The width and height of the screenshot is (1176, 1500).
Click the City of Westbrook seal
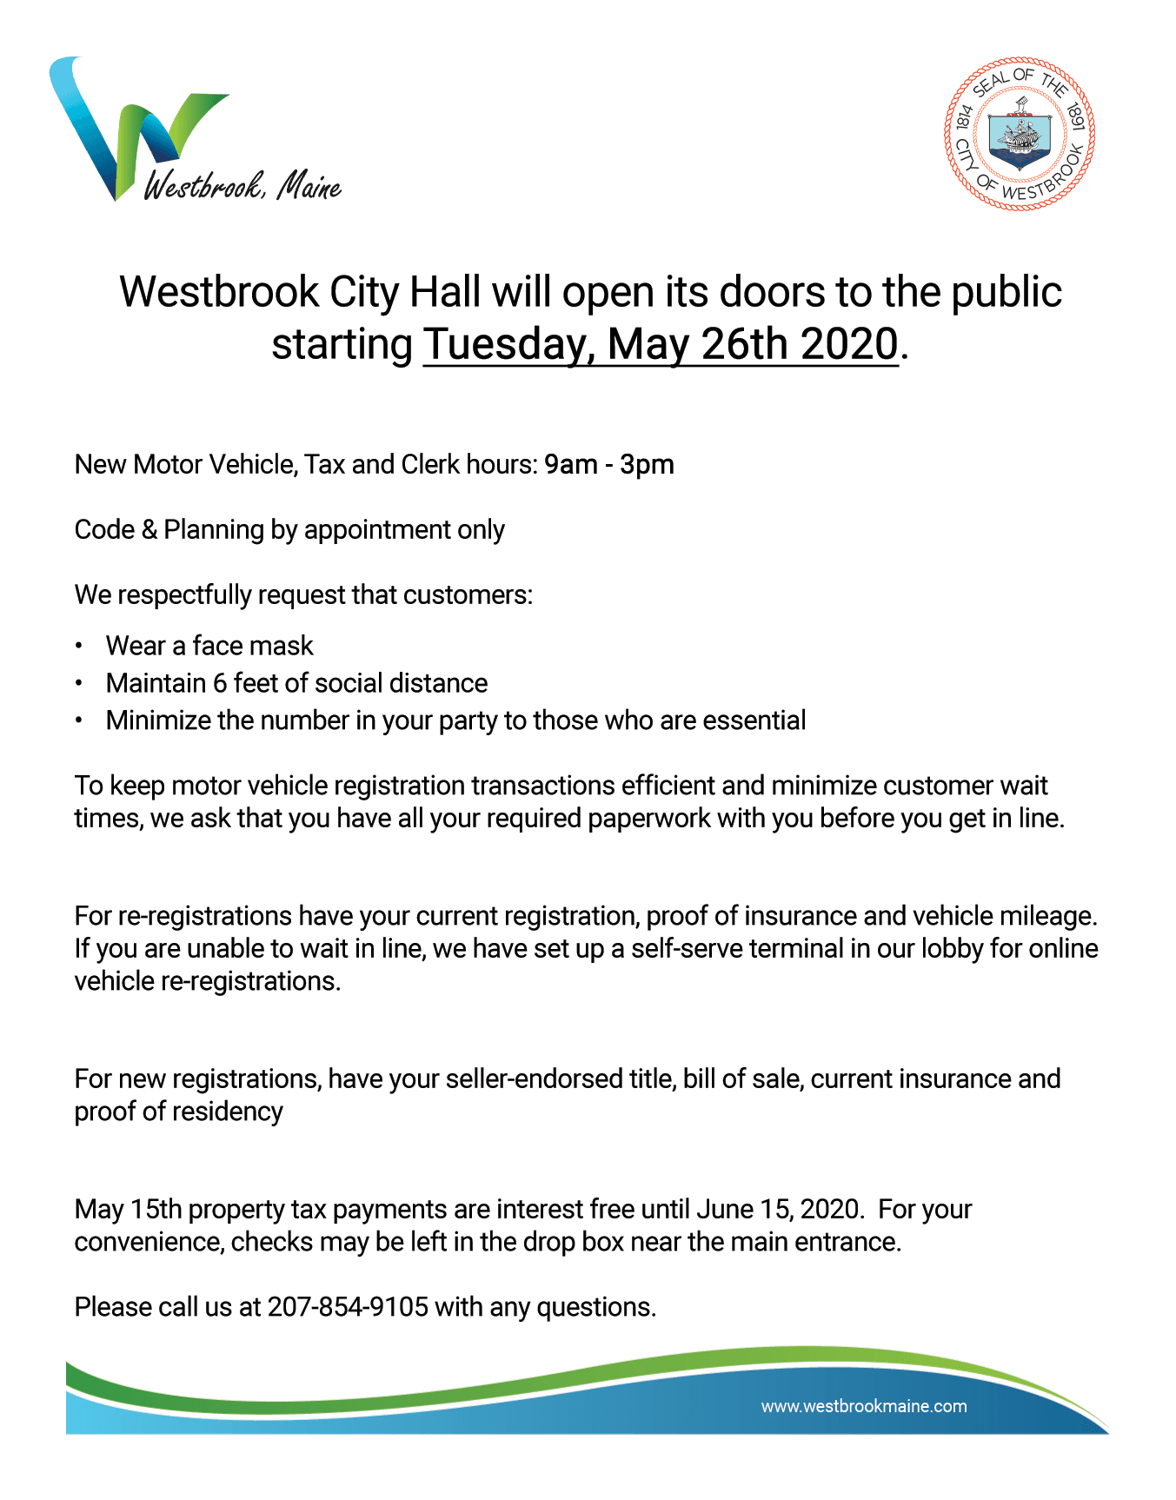coord(1020,134)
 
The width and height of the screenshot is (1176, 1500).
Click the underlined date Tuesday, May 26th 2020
coord(661,344)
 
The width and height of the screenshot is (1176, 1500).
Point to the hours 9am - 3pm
coord(609,465)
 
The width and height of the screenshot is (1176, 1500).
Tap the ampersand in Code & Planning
coord(149,530)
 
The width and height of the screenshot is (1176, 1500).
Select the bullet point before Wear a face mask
coord(79,647)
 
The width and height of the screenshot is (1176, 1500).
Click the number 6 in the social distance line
coord(221,684)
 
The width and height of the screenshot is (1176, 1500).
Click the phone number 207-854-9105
coord(348,1307)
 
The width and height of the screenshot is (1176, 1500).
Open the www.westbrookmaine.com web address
coord(864,1406)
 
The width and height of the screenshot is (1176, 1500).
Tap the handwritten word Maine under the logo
coord(309,186)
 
